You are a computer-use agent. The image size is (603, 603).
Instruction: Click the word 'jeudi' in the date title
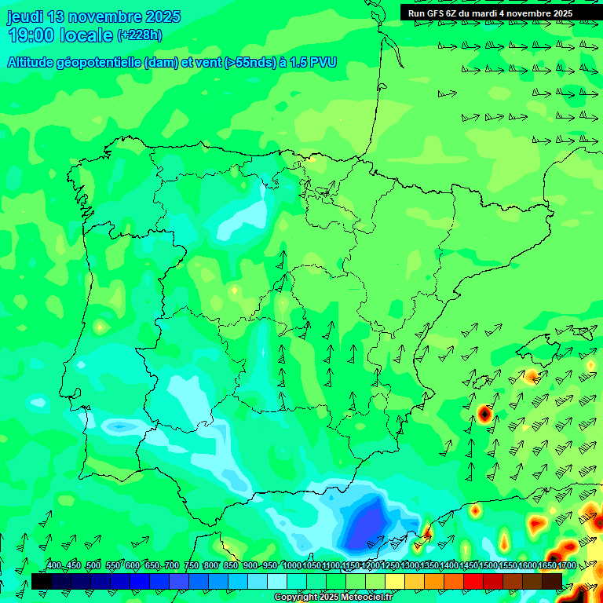(25, 16)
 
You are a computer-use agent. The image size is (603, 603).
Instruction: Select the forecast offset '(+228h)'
(140, 35)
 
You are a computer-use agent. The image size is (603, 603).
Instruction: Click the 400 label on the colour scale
(54, 565)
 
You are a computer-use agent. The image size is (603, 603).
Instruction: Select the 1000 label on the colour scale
(291, 565)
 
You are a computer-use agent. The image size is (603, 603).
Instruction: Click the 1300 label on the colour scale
(410, 565)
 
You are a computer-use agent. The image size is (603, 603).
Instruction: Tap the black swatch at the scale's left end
(41, 581)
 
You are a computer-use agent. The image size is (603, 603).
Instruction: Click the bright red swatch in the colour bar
(473, 581)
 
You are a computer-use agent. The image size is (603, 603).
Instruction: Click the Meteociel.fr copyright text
(333, 598)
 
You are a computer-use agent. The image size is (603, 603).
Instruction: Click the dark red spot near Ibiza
(484, 412)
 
